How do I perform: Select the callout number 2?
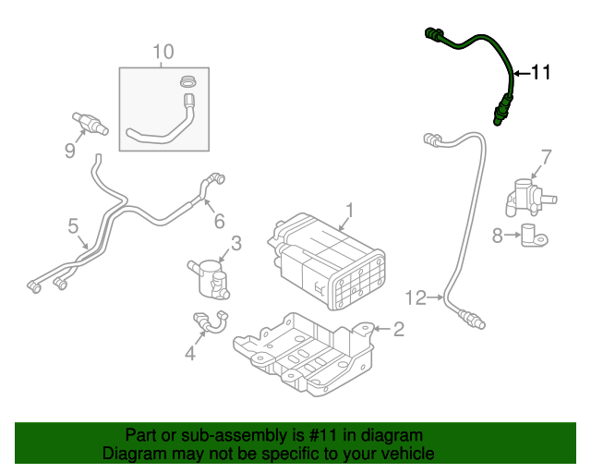(x=399, y=328)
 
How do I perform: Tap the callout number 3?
(x=236, y=243)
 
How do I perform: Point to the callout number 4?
(x=189, y=352)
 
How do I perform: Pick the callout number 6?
(x=219, y=221)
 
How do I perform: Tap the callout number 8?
(x=499, y=236)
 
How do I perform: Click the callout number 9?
(x=69, y=151)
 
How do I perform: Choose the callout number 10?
(x=163, y=52)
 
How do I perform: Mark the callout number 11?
(x=540, y=72)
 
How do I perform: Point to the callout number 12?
(x=416, y=297)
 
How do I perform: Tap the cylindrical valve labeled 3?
(x=211, y=277)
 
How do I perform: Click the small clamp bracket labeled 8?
(x=532, y=236)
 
